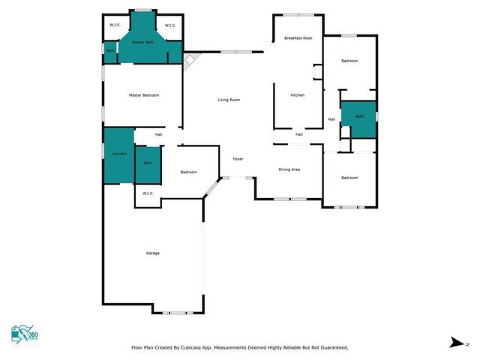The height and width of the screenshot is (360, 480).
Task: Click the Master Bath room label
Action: click(x=142, y=43)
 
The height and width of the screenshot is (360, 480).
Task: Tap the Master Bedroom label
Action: click(x=143, y=95)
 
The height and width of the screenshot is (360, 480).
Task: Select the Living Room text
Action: click(x=229, y=100)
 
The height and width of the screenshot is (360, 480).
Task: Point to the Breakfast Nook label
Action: click(x=298, y=38)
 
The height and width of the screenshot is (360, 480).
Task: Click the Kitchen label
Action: click(x=297, y=95)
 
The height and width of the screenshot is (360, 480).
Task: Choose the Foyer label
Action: click(x=238, y=158)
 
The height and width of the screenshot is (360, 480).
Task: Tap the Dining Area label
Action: click(x=289, y=169)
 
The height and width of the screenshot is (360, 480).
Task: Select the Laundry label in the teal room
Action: click(x=118, y=153)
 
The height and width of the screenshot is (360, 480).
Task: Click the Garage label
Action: click(x=152, y=253)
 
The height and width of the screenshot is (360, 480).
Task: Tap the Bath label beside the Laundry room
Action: click(x=148, y=163)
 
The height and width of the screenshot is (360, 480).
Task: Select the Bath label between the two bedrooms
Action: click(x=359, y=116)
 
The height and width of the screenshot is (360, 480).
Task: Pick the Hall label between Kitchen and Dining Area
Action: click(x=298, y=134)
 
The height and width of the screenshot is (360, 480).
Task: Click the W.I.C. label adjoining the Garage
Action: click(x=148, y=193)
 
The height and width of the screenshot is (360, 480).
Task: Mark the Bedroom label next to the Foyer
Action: click(x=188, y=172)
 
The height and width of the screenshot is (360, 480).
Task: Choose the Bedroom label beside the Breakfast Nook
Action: click(x=349, y=61)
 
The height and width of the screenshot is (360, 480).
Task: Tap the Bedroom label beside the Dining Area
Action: click(x=349, y=178)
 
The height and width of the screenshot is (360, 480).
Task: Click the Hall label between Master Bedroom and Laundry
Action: click(x=159, y=134)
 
